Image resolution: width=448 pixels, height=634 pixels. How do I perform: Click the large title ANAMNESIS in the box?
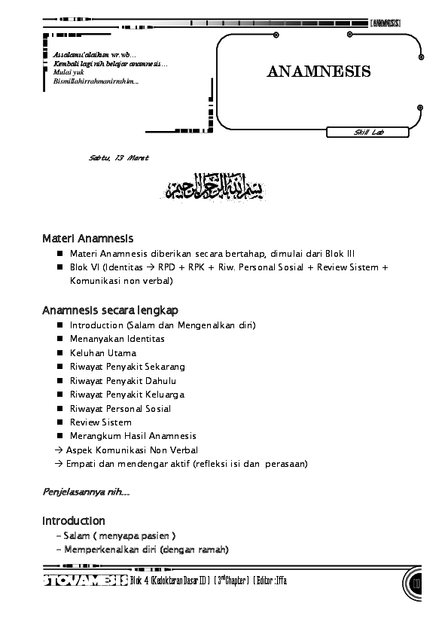coord(318,72)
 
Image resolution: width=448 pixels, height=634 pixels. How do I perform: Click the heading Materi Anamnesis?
coord(88,239)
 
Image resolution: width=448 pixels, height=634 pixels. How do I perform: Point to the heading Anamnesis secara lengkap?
coord(110,310)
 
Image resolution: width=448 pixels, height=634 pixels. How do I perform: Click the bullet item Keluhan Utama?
coord(103,352)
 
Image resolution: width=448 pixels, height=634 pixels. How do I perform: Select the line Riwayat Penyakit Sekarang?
coord(127,367)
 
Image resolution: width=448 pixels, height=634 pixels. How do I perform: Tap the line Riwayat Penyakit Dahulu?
coord(122,381)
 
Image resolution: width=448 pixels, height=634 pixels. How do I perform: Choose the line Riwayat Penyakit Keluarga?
coord(126,395)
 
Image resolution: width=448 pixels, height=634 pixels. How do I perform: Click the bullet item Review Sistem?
coord(101,422)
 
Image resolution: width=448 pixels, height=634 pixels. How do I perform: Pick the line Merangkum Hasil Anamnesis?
coord(133,436)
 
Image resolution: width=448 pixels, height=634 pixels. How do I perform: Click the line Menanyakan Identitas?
coord(117,339)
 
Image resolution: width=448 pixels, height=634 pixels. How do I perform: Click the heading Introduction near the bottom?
coord(74,521)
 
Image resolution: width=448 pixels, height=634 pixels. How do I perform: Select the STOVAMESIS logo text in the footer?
coord(84,581)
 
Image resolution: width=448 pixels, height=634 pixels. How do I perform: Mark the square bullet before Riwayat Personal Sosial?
coord(59,409)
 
